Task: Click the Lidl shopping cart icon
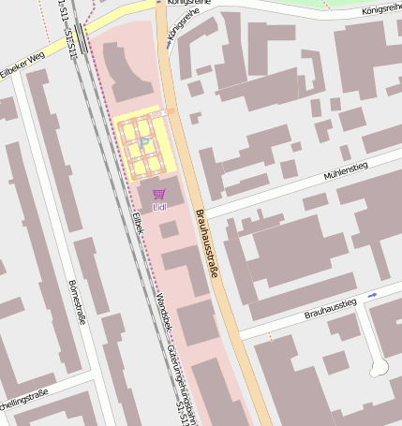(158, 195)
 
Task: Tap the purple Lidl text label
(158, 206)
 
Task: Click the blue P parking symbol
(145, 141)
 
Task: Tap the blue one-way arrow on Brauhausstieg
(372, 295)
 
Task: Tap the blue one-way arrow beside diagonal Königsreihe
(169, 42)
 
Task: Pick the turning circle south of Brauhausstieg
(379, 369)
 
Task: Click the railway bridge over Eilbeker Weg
(81, 40)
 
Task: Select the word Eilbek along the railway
(138, 223)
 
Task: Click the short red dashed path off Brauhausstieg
(271, 335)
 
